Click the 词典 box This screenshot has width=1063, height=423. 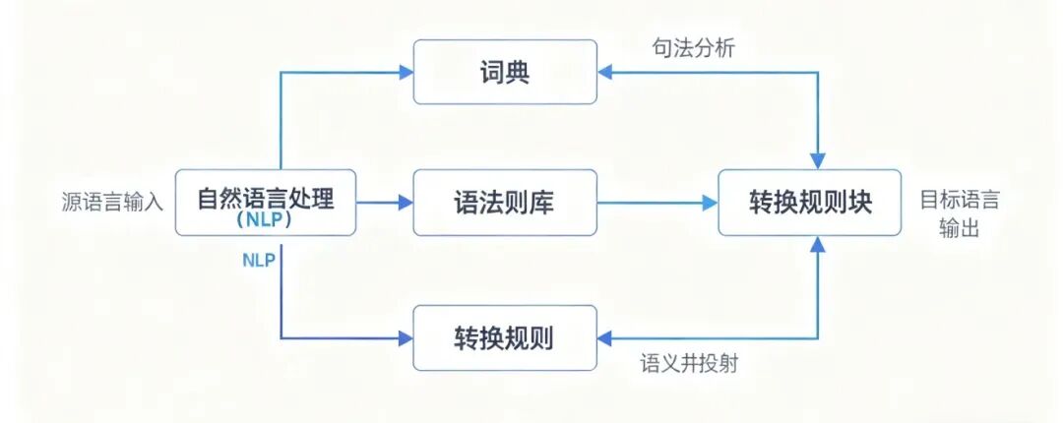(x=505, y=72)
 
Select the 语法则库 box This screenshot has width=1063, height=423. (x=505, y=203)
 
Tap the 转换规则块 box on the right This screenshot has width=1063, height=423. (x=810, y=203)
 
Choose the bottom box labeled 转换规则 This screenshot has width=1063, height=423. (x=505, y=338)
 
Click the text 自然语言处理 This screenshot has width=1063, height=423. (x=266, y=199)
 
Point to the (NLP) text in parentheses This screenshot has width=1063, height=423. (x=266, y=222)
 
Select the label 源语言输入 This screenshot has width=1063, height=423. (x=112, y=203)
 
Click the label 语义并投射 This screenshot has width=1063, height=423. (x=689, y=363)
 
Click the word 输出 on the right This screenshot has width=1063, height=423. (x=959, y=229)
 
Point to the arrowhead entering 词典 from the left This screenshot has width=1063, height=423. (x=405, y=72)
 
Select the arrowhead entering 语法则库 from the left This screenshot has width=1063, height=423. (x=405, y=203)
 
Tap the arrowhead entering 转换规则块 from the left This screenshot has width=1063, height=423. (x=710, y=203)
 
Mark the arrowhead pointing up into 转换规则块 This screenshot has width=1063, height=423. (x=817, y=245)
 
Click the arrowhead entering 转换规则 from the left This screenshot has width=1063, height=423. (x=405, y=338)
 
